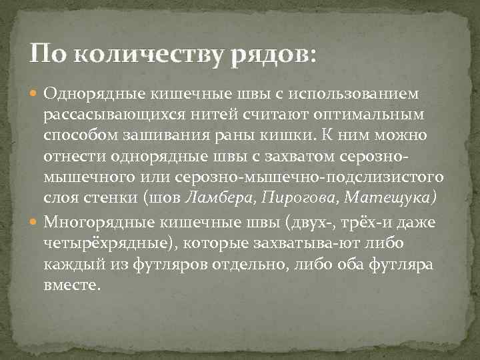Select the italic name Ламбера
[219, 198]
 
